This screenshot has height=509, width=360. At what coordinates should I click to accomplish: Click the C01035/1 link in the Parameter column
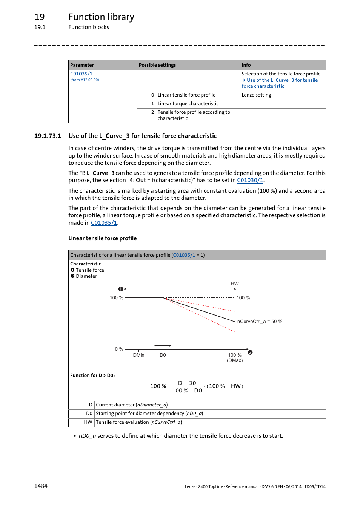coord(81,74)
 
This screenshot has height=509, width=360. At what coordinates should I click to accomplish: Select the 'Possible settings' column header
coord(157,65)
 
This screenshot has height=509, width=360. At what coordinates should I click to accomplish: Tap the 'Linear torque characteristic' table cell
coord(188,104)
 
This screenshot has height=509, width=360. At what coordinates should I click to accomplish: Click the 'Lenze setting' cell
coord(256,95)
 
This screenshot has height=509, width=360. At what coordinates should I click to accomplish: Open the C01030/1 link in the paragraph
coord(250,180)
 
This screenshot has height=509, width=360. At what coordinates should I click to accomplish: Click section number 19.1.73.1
coord(48,136)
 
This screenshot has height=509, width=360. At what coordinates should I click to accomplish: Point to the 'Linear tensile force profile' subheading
coord(102,238)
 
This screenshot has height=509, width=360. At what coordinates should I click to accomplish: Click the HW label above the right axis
coord(235,284)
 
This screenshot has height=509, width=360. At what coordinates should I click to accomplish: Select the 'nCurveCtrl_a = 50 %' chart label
coord(260,322)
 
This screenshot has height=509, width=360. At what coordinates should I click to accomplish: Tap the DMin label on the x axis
coord(138,355)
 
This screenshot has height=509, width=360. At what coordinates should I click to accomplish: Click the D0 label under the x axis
coord(163,355)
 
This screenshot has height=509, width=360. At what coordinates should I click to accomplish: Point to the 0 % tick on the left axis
coord(119,349)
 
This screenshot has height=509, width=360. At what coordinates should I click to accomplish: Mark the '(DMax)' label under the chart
coord(235,360)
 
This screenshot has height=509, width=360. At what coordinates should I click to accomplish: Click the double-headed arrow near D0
coord(163,346)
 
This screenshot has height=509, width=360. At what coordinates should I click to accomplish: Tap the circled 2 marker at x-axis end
coord(250,353)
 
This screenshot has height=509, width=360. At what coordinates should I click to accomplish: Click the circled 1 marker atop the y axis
coord(120,289)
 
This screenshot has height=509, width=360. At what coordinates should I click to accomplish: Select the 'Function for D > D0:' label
coord(92,376)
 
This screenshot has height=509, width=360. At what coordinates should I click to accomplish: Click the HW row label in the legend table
coord(88,422)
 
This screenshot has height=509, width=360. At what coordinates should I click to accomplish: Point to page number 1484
coord(41,486)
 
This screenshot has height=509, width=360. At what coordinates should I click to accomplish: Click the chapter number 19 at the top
coord(39,17)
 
